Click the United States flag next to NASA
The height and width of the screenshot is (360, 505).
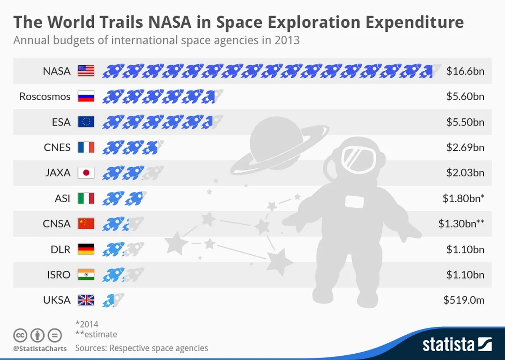tap(86, 71)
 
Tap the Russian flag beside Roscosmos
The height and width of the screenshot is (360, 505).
tap(86, 96)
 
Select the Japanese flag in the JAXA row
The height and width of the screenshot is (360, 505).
tap(86, 173)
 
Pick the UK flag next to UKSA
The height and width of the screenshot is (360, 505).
tap(86, 300)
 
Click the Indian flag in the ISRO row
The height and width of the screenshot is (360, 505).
tap(86, 275)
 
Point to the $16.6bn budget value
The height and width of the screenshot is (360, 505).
tap(465, 71)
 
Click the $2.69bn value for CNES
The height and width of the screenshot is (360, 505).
tap(465, 147)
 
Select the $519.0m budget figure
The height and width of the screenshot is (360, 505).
tap(464, 300)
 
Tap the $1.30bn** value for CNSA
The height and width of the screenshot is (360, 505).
tap(461, 224)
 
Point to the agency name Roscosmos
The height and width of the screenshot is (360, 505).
tap(45, 96)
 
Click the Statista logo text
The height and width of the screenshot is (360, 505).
tap(449, 344)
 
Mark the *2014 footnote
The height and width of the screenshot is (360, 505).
tap(87, 324)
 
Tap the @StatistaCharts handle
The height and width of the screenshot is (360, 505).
tap(40, 349)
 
